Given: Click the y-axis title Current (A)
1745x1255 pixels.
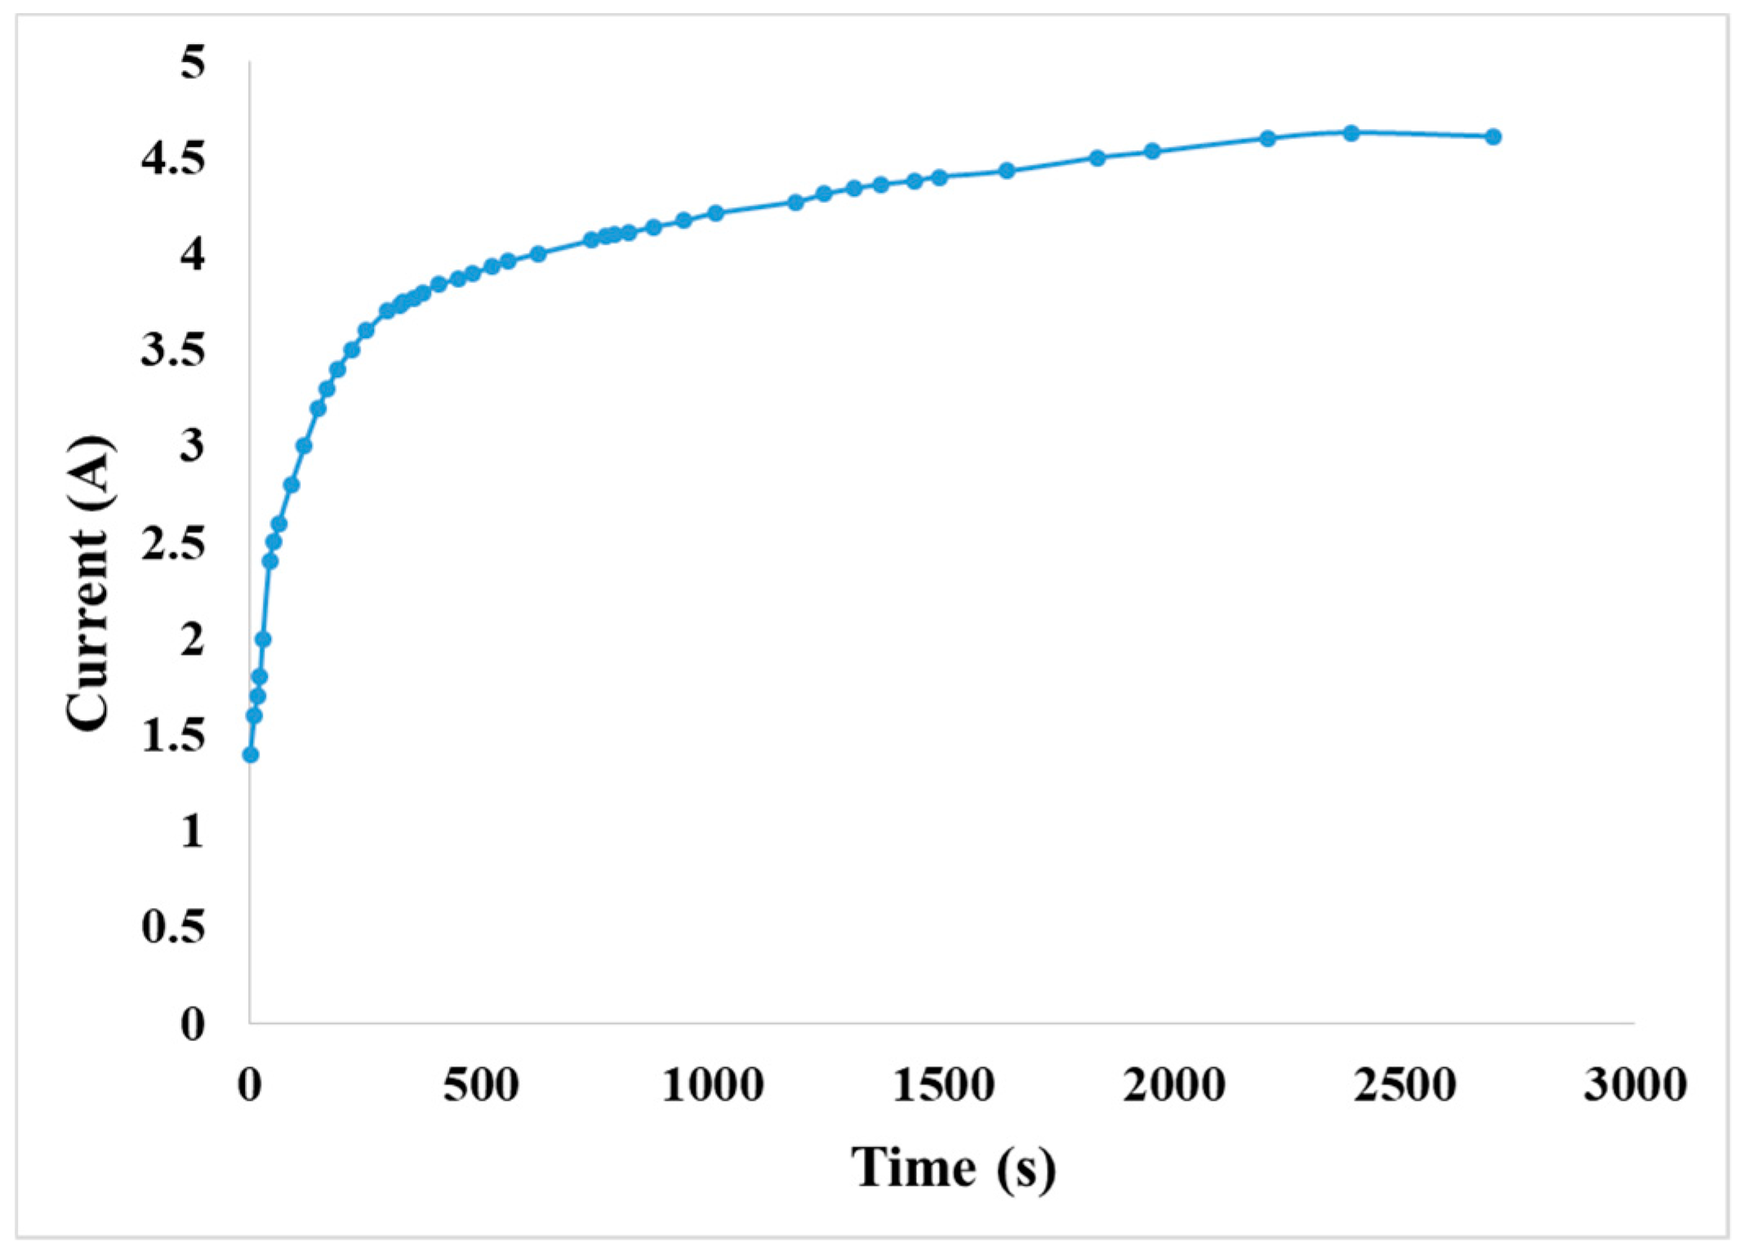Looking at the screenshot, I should tap(88, 583).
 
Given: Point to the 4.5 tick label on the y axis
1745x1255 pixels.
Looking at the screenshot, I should tap(172, 158).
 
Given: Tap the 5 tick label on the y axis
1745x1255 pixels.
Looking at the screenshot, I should tap(193, 62).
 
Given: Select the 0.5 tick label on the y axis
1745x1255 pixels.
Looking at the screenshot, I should tap(172, 927).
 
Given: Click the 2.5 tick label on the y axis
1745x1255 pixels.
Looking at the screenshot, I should tap(172, 543).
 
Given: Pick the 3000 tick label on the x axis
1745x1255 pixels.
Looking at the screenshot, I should tap(1635, 1085).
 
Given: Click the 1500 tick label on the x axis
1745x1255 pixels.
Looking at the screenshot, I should tap(942, 1085).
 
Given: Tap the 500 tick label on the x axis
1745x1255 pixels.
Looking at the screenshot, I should tap(481, 1085).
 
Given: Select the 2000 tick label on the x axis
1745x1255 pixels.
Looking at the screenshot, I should tap(1173, 1085).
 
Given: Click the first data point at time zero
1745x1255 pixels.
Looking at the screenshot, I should tap(251, 754).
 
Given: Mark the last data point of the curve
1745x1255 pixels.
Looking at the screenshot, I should tap(1493, 136).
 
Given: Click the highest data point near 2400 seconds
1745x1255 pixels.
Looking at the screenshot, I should tap(1351, 132).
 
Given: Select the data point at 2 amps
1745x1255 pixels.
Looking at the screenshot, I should tap(263, 639).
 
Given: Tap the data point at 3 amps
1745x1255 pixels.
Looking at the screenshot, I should tap(304, 445).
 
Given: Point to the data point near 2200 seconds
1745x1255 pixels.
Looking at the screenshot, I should tap(1267, 138).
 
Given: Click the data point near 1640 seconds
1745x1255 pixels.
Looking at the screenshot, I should tap(1007, 170).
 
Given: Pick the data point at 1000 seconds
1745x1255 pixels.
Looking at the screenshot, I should tap(715, 213).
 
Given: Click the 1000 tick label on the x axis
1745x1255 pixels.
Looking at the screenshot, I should tap(712, 1085).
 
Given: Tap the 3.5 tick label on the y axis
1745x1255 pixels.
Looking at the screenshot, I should tap(172, 351).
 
